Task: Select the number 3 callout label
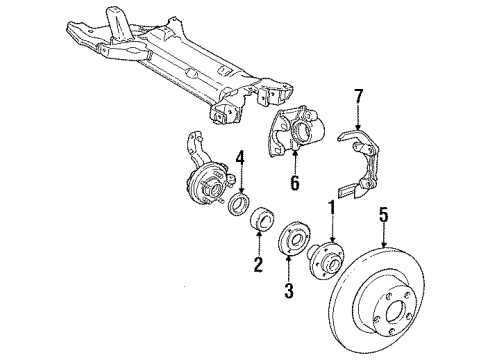(289, 291)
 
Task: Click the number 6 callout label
(295, 183)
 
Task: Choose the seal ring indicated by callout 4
(240, 205)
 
